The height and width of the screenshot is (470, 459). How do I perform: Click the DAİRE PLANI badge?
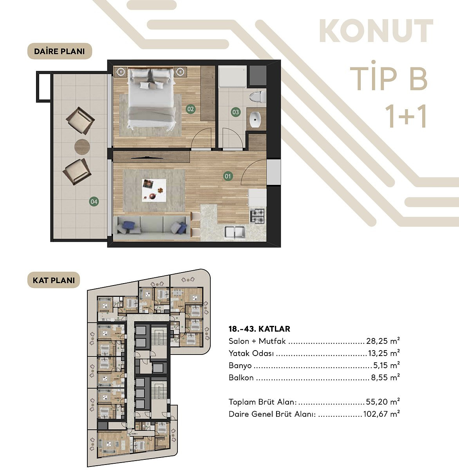[60, 51]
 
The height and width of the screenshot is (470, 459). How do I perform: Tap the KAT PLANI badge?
[54, 280]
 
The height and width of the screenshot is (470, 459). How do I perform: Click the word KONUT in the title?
[376, 31]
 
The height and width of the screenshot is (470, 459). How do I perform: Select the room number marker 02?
[191, 109]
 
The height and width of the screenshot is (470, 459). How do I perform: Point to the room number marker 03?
[235, 112]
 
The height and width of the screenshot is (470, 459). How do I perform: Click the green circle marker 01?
[228, 176]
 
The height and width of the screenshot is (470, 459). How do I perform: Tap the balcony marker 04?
[94, 202]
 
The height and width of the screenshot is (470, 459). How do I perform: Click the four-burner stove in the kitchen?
[257, 215]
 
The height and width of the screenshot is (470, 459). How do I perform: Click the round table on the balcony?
[82, 147]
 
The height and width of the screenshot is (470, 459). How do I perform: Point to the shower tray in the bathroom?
[232, 77]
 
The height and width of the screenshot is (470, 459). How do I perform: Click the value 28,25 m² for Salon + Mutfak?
[383, 341]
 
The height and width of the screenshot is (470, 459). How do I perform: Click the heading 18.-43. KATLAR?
[259, 329]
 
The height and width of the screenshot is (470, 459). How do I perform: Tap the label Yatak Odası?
[251, 353]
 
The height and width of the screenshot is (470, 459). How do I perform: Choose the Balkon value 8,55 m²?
[385, 378]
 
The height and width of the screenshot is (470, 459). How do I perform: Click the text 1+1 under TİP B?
[405, 116]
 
